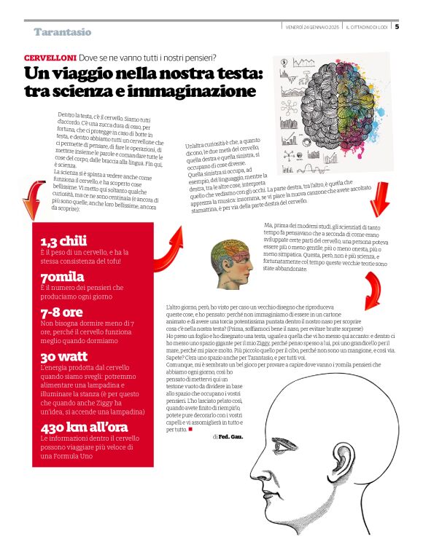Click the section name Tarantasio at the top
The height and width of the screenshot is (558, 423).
63,32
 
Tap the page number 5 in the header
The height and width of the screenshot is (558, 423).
397,27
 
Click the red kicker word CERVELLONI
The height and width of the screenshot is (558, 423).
49,57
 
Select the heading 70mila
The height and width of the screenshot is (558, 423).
63,276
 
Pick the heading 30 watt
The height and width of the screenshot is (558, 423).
64,357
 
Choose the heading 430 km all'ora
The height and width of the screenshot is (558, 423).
85,428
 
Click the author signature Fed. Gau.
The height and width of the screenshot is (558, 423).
230,436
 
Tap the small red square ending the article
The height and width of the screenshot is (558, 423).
190,428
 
